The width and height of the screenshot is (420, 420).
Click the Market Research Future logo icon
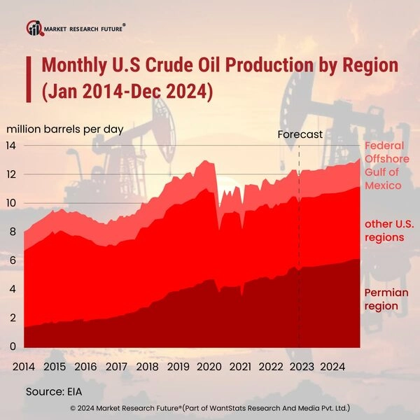(34, 28)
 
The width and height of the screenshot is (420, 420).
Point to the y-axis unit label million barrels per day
(65, 129)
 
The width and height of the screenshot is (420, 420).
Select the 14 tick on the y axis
(12, 146)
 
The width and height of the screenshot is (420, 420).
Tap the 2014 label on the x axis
(24, 366)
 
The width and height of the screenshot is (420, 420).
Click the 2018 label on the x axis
(147, 366)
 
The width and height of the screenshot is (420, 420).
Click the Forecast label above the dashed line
(300, 134)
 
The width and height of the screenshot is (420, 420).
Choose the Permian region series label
(381, 299)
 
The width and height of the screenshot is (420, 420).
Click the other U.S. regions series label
(384, 230)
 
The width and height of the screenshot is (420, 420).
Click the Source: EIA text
(55, 391)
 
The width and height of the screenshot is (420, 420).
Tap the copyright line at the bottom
(210, 407)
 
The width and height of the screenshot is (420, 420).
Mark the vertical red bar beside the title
(29, 79)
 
